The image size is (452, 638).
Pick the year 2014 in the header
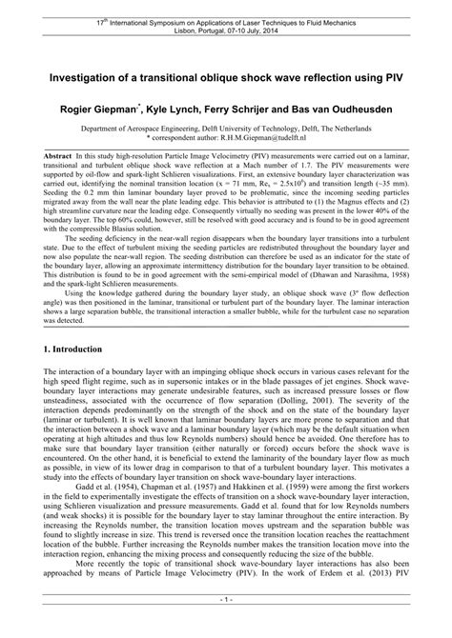click(271, 29)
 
